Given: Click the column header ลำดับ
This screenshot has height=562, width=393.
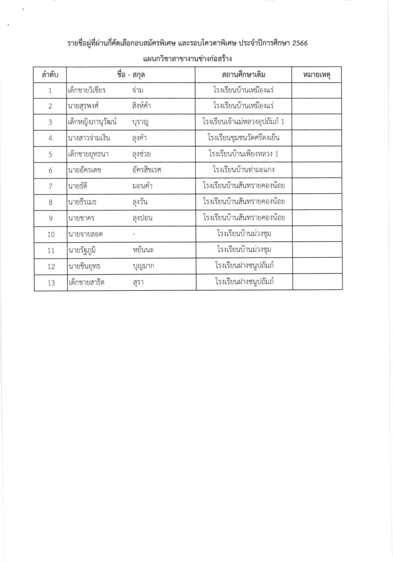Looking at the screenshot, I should coord(50,75).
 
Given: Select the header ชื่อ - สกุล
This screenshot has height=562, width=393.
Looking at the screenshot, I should coord(131,75).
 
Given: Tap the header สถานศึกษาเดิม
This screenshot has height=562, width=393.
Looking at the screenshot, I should coord(243,75).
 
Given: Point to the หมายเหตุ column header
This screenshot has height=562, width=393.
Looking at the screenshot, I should coord(316,75).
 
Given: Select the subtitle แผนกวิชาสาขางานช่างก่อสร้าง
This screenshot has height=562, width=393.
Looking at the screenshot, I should coord(188,59).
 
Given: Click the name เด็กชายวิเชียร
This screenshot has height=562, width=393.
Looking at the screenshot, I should coord(87,90).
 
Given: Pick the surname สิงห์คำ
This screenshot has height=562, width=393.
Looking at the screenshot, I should coord(141,106).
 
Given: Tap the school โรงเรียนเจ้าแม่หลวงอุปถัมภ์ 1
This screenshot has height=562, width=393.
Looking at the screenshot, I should coord(243,122).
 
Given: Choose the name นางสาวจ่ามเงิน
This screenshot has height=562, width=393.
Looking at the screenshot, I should coord(89,138).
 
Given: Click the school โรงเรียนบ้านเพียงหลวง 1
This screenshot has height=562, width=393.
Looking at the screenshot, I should coord(243,154).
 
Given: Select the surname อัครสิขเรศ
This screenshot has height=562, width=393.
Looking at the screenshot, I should coord(146,170).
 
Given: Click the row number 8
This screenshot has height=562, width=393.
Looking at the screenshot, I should coord(51,203).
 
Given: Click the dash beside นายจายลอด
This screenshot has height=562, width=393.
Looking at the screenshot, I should coord(134,234).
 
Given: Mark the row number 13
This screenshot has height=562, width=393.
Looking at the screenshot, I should coord(51,283).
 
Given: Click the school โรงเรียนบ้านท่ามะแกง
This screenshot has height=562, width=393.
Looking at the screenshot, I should coord(243,170).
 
